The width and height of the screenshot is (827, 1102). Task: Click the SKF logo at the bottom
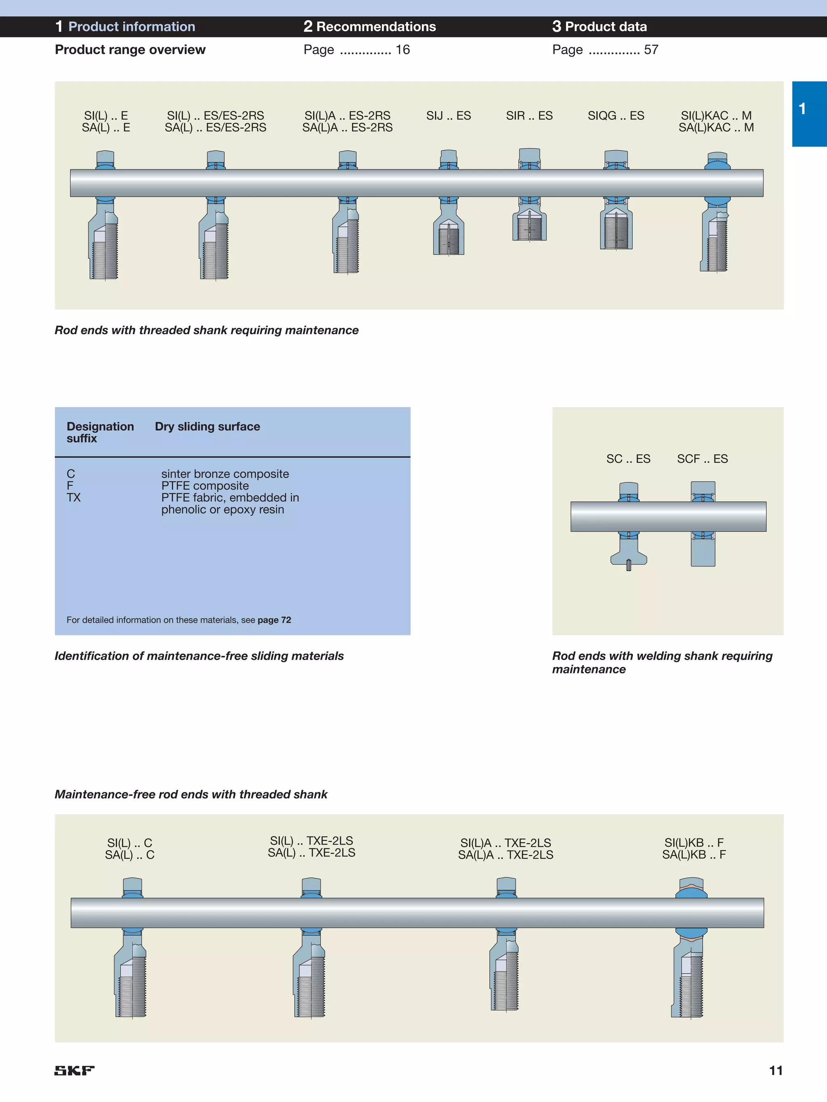pyautogui.click(x=74, y=1070)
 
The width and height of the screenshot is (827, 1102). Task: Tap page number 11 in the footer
pyautogui.click(x=776, y=1070)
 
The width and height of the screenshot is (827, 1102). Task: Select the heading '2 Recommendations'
pyautogui.click(x=369, y=26)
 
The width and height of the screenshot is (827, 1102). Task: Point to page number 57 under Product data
pyautogui.click(x=651, y=50)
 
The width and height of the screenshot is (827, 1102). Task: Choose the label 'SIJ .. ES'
pyautogui.click(x=448, y=115)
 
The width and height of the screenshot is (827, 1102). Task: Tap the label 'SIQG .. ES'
pyautogui.click(x=616, y=115)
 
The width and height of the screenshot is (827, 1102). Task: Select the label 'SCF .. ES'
pyautogui.click(x=702, y=459)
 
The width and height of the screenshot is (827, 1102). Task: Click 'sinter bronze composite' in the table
pyautogui.click(x=225, y=474)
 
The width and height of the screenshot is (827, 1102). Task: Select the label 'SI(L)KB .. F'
pyautogui.click(x=693, y=842)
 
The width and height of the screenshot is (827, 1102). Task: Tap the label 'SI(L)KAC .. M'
pyautogui.click(x=716, y=115)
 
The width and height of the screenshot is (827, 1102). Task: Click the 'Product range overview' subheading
pyautogui.click(x=130, y=50)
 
